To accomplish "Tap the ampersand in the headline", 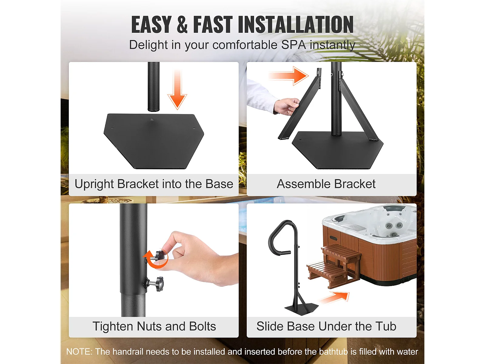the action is pos(182,25).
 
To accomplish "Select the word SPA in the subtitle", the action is pos(293,45).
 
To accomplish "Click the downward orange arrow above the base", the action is pos(177,89).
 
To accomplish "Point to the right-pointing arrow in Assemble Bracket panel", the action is pos(288,76).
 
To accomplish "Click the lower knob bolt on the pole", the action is pos(154,283).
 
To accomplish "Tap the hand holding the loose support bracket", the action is pos(286,106).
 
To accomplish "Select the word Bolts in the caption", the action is pos(202,326).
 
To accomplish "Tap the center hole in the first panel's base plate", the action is pos(152,120).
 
